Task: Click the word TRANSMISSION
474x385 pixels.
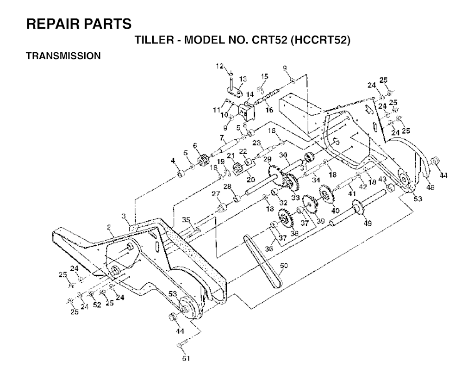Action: coord(63,56)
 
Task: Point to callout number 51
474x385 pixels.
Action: coord(186,359)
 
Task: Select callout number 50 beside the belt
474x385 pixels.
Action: coord(284,266)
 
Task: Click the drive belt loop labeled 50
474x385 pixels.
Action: coord(262,261)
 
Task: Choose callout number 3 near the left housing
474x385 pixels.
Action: coord(123,216)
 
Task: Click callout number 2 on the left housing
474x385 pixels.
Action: coord(109,226)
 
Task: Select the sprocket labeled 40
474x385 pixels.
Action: coord(326,194)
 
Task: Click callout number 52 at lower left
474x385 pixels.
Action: coord(97,305)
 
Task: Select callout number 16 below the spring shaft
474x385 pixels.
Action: coord(269,110)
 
